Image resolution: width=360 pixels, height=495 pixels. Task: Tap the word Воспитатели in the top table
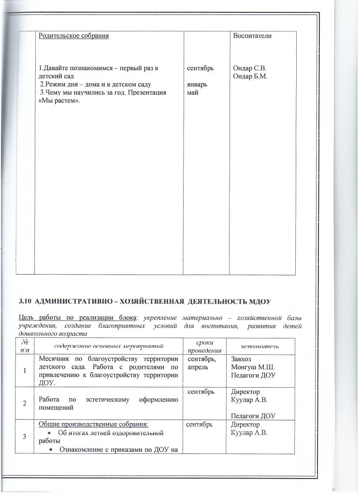coord(252,36)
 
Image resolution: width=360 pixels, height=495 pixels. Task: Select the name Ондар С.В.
coord(250,68)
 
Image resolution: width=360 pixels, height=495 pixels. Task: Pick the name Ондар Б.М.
coord(250,76)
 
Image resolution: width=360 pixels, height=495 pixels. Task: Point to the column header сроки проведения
coord(204,345)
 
